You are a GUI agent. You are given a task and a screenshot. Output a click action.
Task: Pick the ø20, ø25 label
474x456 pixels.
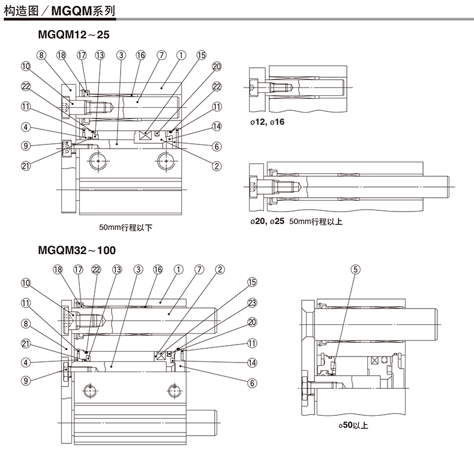(268, 222)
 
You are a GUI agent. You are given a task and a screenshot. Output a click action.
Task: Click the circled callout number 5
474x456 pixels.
(356, 270)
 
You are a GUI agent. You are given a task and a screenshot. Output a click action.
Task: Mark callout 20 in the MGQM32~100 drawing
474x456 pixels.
(252, 322)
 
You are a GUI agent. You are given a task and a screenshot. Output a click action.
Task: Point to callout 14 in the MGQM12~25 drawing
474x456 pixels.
(217, 126)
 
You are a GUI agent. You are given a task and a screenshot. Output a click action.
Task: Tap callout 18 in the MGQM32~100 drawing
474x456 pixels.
(58, 270)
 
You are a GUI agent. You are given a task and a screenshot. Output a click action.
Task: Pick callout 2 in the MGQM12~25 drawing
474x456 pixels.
(217, 166)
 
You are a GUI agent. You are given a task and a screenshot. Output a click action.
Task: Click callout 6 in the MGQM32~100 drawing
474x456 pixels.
(252, 382)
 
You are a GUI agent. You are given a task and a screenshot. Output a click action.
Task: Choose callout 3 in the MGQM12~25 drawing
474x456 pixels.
(121, 55)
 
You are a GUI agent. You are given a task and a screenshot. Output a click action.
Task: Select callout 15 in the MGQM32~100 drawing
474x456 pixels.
(252, 282)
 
